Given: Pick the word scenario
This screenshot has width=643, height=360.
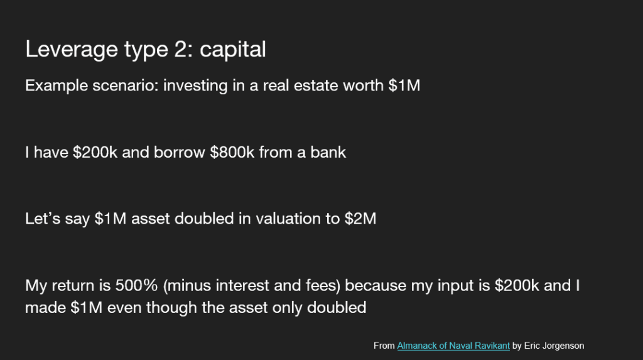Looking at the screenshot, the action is click(x=125, y=85).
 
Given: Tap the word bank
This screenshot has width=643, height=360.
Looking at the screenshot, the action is click(x=328, y=152).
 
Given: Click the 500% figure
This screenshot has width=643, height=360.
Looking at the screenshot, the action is click(x=136, y=285).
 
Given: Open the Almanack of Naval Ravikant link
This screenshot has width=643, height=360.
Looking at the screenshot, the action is click(x=453, y=346).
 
